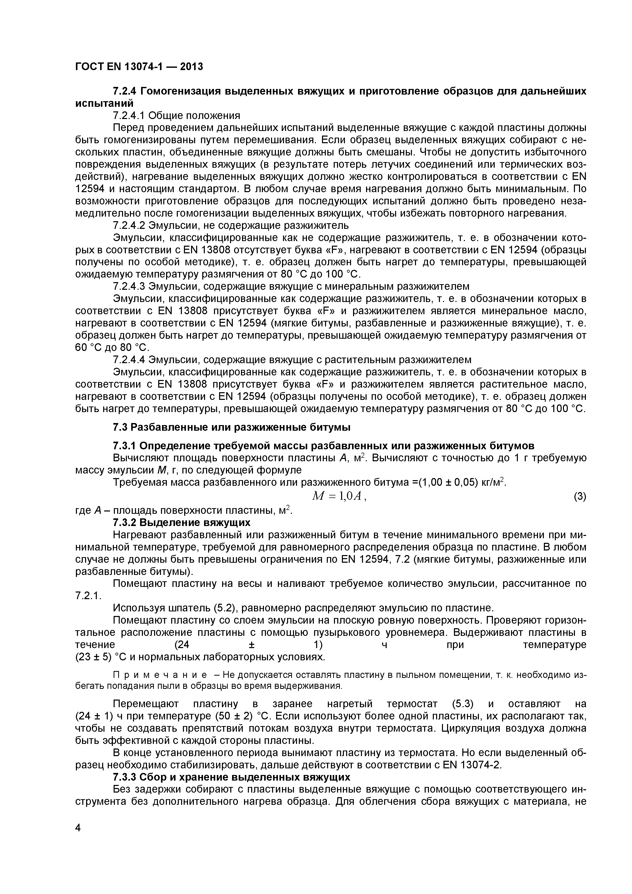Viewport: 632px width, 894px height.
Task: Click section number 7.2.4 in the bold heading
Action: coord(125,91)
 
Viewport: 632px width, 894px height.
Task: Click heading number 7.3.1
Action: coord(125,445)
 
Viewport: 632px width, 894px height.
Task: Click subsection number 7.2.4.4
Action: coord(129,359)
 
